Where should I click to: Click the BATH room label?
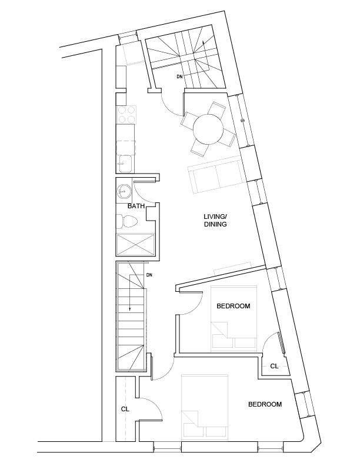pyautogui.click(x=136, y=207)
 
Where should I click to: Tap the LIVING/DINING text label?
pyautogui.click(x=215, y=221)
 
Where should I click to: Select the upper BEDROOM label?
pyautogui.click(x=234, y=306)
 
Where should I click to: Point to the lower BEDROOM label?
pyautogui.click(x=265, y=404)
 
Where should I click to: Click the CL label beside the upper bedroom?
pyautogui.click(x=274, y=366)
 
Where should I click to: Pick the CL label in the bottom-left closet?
pyautogui.click(x=125, y=408)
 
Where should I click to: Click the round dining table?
pyautogui.click(x=208, y=129)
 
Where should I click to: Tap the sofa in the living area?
pyautogui.click(x=215, y=175)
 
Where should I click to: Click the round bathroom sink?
pyautogui.click(x=124, y=191)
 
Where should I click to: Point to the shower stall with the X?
pyautogui.click(x=136, y=243)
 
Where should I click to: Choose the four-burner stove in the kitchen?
pyautogui.click(x=126, y=114)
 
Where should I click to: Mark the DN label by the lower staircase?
pyautogui.click(x=149, y=275)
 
